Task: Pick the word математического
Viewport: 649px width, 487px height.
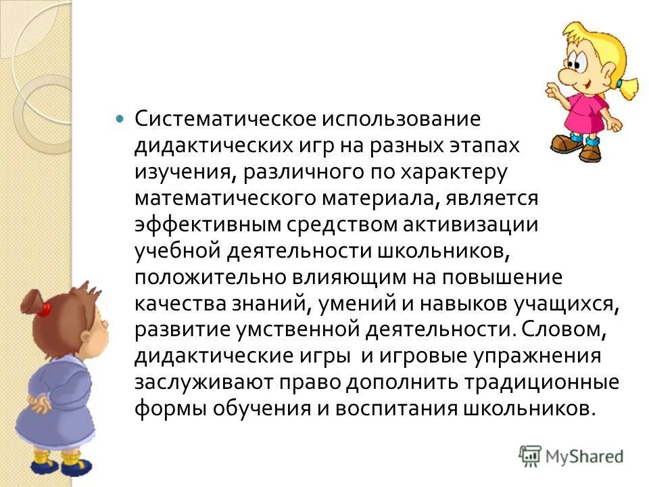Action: pos(215,200)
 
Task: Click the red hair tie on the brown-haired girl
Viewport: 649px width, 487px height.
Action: pos(45,310)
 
